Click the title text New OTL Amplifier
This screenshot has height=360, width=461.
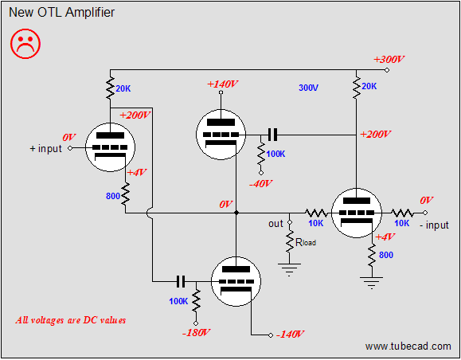pos(61,13)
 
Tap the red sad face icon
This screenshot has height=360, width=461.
pos(25,45)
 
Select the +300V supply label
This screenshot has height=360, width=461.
pos(389,60)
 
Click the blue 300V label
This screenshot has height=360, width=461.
pos(311,87)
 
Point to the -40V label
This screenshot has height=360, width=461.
pos(260,183)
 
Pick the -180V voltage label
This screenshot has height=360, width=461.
pos(194,331)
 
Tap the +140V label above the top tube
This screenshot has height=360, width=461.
pos(223,84)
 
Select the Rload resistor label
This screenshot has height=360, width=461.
pos(306,241)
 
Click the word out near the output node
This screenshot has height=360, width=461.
pos(275,224)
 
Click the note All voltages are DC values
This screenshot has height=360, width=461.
pos(71,320)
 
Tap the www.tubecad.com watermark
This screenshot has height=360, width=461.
pos(408,346)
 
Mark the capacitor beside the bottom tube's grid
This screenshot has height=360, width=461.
pos(180,281)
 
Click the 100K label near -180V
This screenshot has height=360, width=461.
pos(179,302)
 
